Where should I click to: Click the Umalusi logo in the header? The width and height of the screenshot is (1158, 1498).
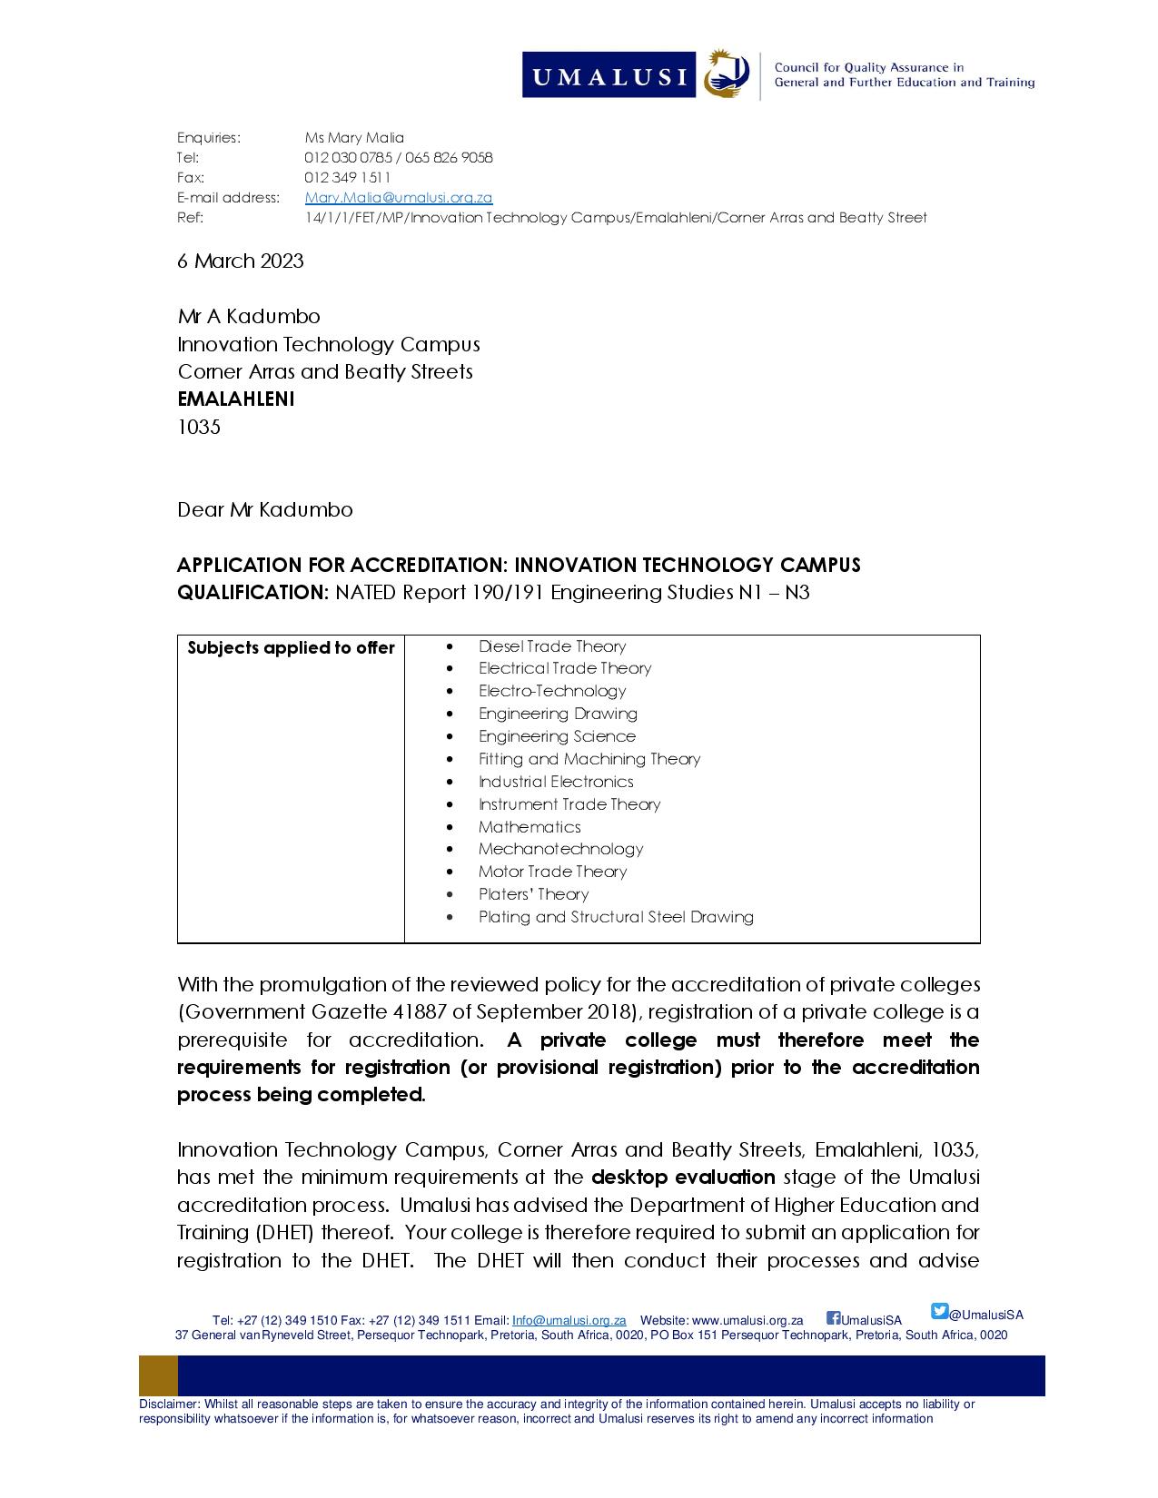[x=636, y=74]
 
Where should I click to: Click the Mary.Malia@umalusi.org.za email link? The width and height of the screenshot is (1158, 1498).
[x=398, y=198]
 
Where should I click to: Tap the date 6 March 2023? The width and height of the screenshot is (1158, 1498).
[x=241, y=261]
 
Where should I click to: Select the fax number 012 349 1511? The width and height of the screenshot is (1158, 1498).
[x=348, y=178]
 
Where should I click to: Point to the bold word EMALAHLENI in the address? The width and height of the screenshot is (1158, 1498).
[x=236, y=399]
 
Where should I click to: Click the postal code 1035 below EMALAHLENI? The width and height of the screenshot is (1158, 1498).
[x=199, y=427]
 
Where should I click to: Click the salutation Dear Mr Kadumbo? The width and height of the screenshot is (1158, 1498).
[x=265, y=510]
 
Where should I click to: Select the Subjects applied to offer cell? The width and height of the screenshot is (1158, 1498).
[x=291, y=648]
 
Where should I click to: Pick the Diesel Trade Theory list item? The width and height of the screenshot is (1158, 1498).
[x=552, y=646]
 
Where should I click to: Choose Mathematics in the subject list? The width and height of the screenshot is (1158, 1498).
[x=530, y=827]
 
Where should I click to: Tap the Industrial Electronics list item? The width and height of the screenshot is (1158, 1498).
[x=556, y=782]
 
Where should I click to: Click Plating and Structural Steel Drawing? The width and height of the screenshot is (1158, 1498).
[x=616, y=917]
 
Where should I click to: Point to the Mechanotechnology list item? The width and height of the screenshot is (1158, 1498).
[x=560, y=849]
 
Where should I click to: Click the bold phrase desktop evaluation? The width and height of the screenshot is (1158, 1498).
[x=683, y=1178]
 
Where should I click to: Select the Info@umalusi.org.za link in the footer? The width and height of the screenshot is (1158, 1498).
[x=569, y=1320]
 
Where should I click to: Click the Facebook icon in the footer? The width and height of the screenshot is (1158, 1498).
[x=833, y=1318]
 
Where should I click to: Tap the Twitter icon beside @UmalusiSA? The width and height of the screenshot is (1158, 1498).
[x=939, y=1311]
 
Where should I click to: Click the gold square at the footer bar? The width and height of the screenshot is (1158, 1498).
[x=158, y=1375]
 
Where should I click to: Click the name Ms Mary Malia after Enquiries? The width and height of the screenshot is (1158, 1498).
[x=354, y=138]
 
